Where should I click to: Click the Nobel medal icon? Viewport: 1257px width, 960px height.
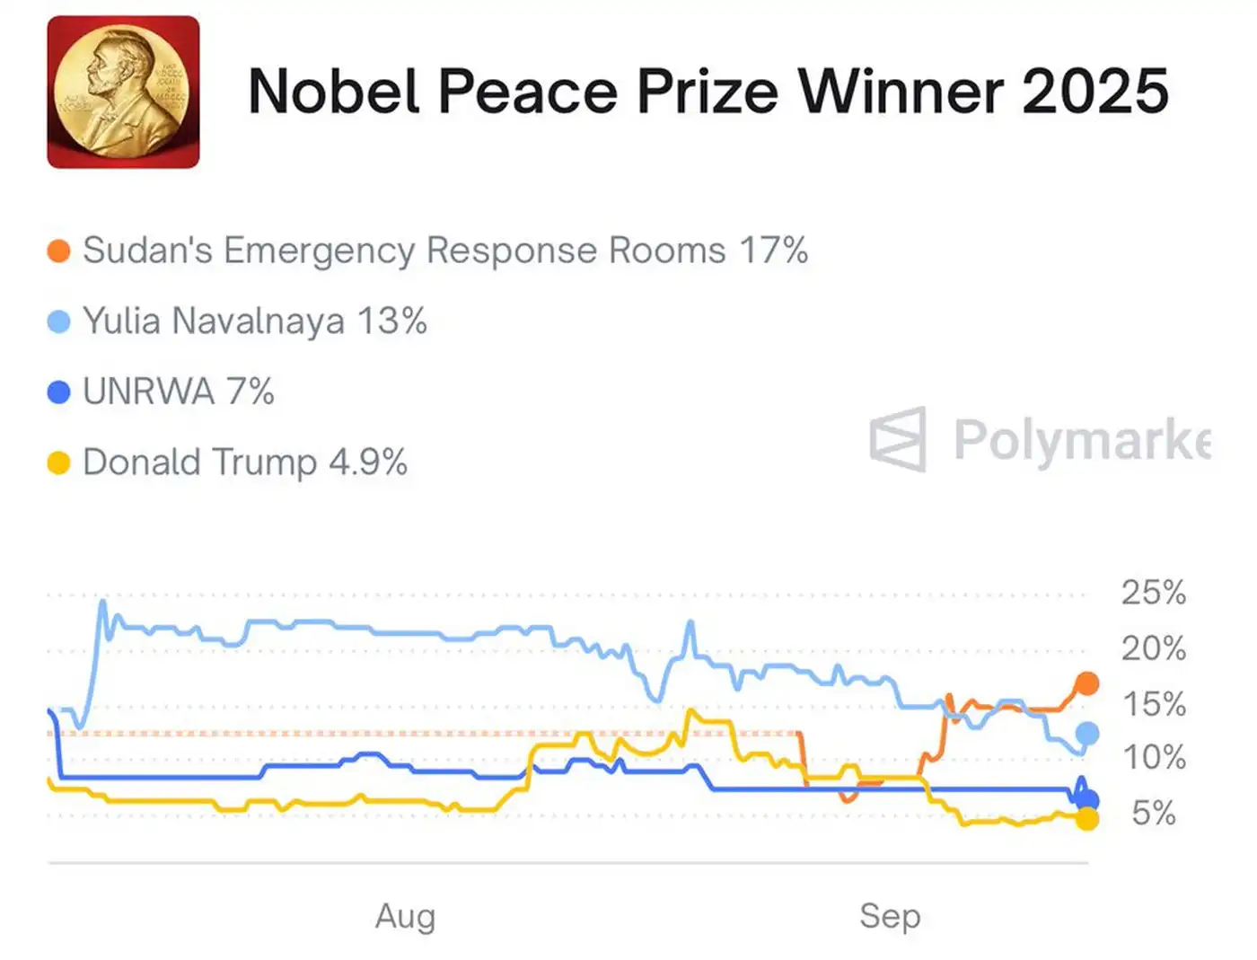click(123, 92)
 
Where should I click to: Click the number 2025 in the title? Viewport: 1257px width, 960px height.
click(1094, 92)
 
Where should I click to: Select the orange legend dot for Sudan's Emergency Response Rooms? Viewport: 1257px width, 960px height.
click(58, 251)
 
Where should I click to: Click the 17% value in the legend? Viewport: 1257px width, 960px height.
click(773, 251)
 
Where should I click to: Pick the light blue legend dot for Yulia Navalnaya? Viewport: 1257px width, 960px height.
click(58, 321)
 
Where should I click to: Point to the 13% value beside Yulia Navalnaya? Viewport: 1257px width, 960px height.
click(391, 321)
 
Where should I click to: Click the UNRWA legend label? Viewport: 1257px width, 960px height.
click(148, 392)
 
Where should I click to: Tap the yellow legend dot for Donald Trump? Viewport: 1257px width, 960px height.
click(58, 463)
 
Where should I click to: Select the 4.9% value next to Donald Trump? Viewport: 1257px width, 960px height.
click(368, 462)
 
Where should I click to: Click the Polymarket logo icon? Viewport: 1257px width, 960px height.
click(898, 439)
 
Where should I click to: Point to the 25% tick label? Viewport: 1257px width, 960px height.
click(1154, 593)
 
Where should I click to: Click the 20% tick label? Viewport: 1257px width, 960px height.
click(1154, 648)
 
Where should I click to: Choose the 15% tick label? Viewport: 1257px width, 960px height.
click(1154, 704)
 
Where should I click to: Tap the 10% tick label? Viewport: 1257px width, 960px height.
click(1154, 758)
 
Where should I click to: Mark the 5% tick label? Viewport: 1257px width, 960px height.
click(1154, 814)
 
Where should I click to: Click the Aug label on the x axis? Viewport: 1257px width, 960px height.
click(406, 916)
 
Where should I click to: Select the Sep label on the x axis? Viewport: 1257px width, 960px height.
click(890, 916)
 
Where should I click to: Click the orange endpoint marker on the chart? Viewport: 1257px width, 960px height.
click(1087, 683)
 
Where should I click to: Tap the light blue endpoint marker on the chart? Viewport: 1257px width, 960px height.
click(1087, 734)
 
